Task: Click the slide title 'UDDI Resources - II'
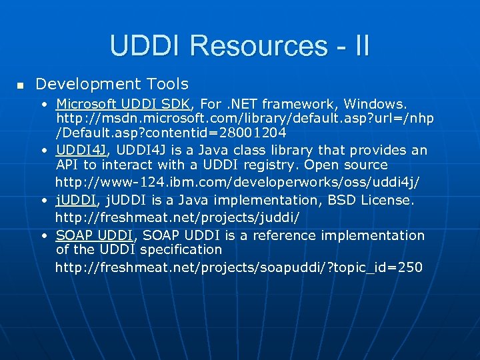point(239,46)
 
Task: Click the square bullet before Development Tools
point(20,85)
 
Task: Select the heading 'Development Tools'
point(112,84)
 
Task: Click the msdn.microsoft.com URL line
point(245,118)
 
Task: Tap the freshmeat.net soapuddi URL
point(239,267)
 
